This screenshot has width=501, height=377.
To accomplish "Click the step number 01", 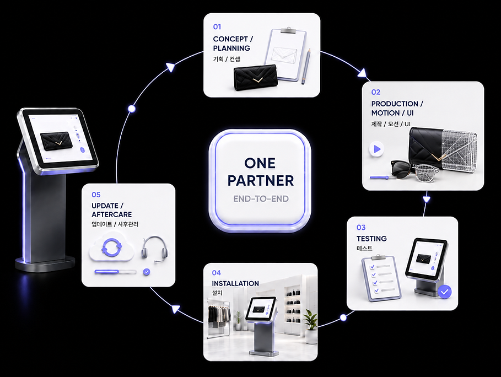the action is tap(217, 27).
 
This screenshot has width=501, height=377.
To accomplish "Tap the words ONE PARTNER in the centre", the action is tap(260, 172).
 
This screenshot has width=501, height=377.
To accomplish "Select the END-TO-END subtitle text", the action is tap(261, 199).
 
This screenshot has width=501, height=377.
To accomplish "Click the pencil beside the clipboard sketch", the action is tap(306, 66).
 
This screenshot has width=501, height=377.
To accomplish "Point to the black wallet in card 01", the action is tap(255, 78).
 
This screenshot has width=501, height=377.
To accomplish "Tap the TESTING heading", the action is tap(371, 239).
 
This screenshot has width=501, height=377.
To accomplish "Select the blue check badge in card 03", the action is tap(444, 292).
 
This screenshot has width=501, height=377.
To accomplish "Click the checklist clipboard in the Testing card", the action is tap(381, 277).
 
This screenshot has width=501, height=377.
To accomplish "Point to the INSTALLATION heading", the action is tap(235, 283).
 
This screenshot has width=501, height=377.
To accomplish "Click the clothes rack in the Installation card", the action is tap(219, 317).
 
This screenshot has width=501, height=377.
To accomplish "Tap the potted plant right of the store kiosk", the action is tap(310, 326).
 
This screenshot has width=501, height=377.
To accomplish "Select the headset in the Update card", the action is tap(155, 250).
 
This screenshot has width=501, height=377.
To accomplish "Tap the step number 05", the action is tap(96, 195).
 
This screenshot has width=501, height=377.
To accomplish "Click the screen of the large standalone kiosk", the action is tap(60, 138).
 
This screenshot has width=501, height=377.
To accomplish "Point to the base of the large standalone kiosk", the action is tap(45, 263).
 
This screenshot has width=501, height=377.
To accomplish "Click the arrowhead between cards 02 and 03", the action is tap(426, 199).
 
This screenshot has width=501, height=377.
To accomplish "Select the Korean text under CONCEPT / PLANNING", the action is tap(226, 59).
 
